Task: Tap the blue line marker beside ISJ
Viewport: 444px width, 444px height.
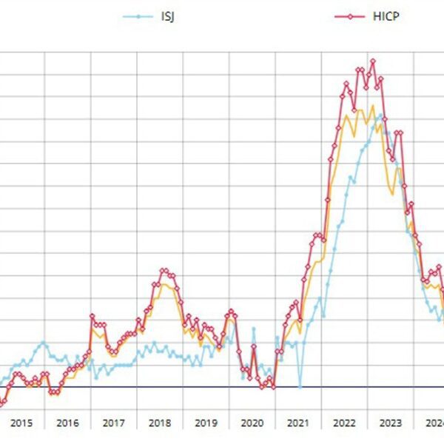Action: (x=138, y=15)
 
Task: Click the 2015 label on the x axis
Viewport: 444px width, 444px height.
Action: (x=21, y=423)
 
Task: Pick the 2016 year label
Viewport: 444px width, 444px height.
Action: (x=67, y=423)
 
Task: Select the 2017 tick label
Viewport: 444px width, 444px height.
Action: (x=113, y=423)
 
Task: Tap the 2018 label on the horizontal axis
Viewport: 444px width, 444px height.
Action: (x=159, y=423)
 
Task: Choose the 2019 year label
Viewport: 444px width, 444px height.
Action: (x=206, y=423)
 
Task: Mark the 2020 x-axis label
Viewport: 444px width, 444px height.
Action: (x=252, y=423)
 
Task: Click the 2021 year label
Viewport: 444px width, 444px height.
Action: (x=297, y=423)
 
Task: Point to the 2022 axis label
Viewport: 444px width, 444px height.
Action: (x=344, y=423)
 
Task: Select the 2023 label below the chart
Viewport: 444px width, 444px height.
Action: (x=390, y=423)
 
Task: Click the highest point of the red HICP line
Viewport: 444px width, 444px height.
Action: (x=372, y=61)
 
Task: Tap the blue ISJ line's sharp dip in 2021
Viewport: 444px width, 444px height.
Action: (x=300, y=386)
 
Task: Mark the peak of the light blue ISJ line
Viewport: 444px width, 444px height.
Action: (x=380, y=115)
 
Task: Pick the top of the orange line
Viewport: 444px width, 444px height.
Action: (x=372, y=105)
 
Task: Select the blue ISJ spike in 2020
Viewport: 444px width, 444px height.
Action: (x=253, y=329)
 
